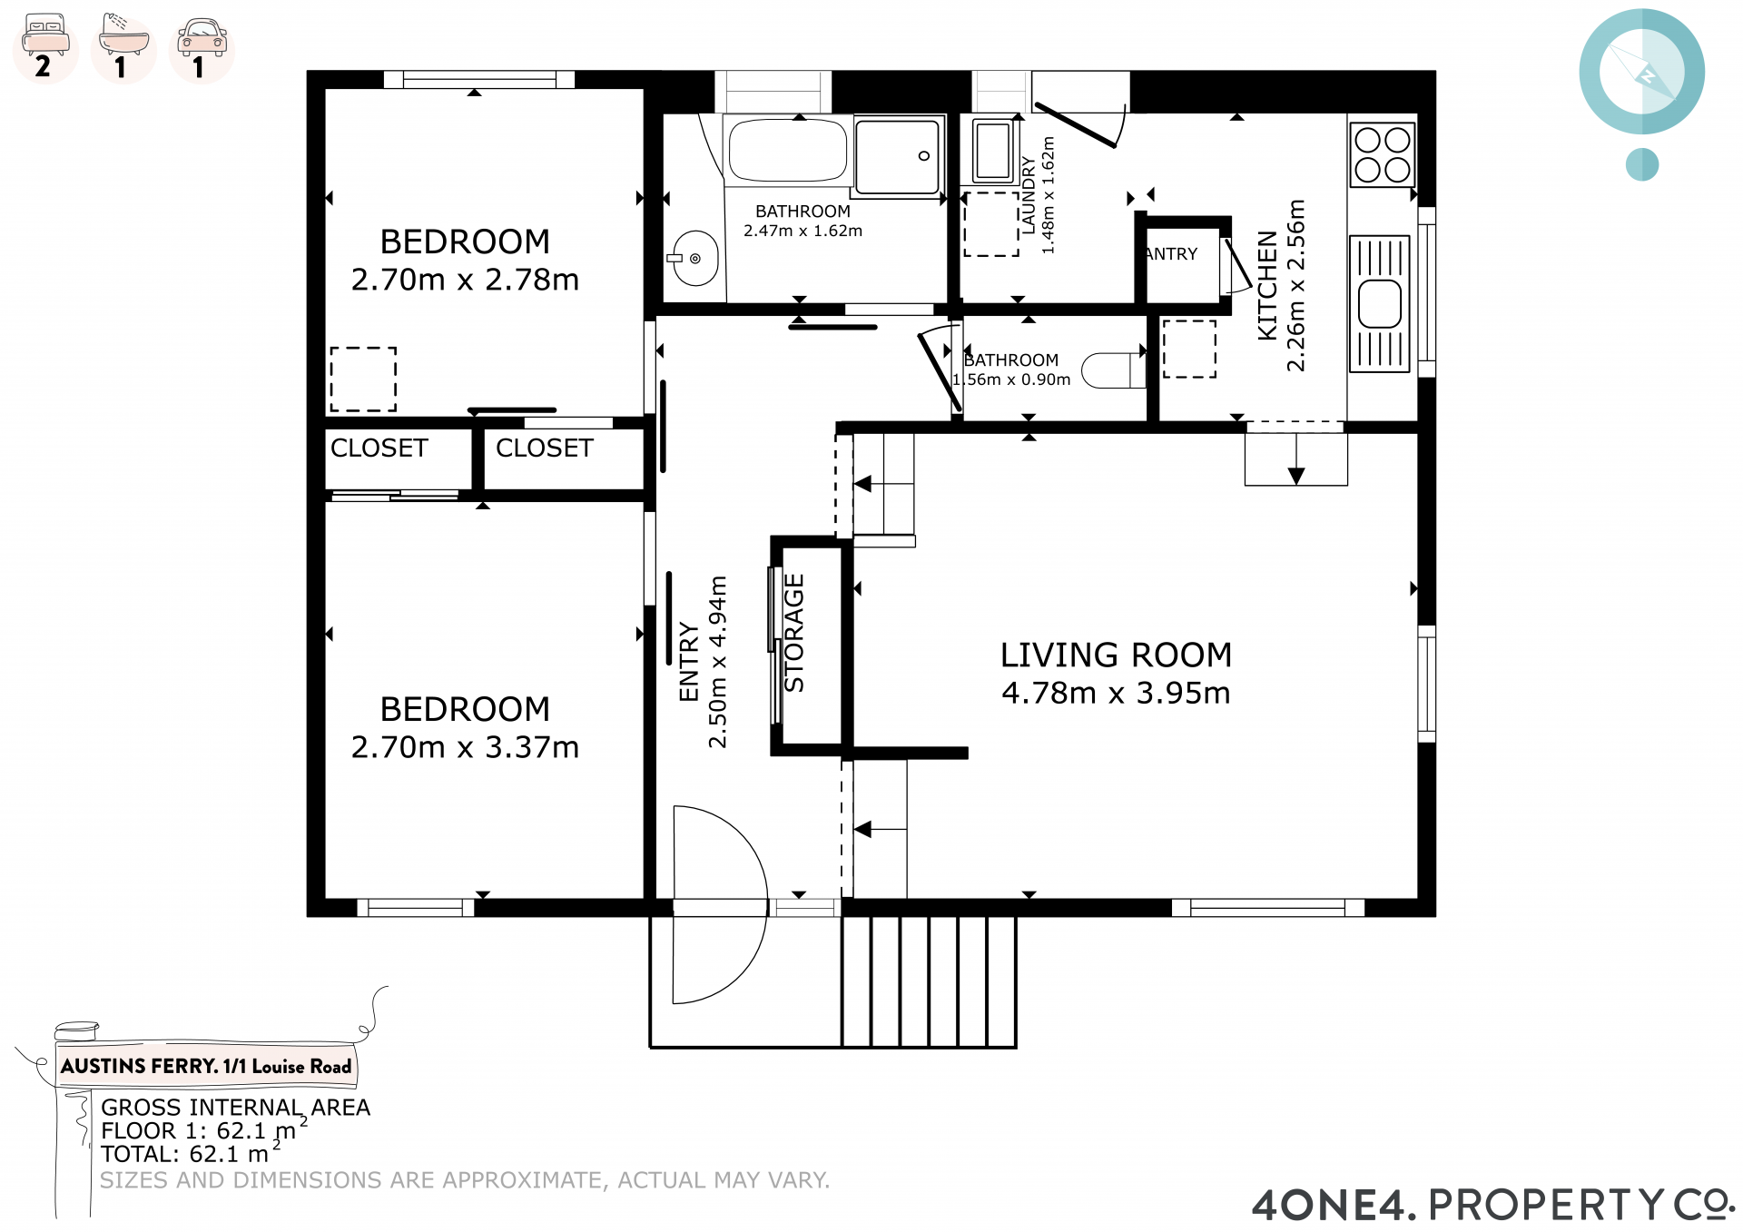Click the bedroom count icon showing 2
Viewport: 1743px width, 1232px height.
(45, 47)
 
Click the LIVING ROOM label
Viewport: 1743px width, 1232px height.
(1116, 655)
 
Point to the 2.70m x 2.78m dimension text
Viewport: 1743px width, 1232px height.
(465, 280)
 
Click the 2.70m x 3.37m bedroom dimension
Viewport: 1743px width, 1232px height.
(465, 747)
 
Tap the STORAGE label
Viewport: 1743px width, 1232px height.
(794, 633)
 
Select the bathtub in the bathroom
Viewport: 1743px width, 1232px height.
(788, 150)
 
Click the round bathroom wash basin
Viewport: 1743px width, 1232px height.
(695, 259)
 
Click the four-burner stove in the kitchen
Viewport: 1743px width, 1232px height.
(1383, 155)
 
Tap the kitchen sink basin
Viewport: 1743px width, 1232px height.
(1380, 303)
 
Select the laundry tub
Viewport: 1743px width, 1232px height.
(992, 151)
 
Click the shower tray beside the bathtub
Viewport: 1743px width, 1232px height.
(897, 157)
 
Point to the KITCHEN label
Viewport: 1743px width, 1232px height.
(1267, 285)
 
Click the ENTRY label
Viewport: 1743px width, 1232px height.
(689, 662)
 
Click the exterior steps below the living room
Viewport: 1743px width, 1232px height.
(929, 981)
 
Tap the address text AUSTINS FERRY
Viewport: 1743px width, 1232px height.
(139, 1066)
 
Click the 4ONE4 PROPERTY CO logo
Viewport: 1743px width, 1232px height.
(1493, 1204)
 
